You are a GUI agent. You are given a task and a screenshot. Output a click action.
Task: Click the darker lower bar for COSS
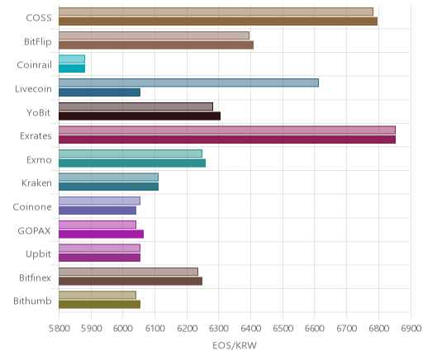[x=218, y=21]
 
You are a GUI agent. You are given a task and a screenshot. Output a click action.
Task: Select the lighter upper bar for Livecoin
[x=188, y=83]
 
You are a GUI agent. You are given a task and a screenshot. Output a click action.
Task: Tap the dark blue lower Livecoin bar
[x=99, y=92]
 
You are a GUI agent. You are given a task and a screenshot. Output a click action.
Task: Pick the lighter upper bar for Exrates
[x=227, y=130]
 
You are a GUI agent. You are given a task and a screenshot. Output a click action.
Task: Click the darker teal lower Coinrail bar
[x=72, y=69]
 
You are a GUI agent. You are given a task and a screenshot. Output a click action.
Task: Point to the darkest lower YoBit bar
[x=140, y=116]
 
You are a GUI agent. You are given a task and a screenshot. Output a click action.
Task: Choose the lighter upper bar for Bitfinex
[x=128, y=272]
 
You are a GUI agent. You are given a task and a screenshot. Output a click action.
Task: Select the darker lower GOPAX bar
[x=101, y=234]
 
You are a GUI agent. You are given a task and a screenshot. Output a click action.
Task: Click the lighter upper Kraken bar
[x=108, y=178]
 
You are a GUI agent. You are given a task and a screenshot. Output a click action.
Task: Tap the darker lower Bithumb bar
[x=99, y=305]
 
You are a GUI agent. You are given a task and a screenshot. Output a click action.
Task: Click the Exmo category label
[x=39, y=160]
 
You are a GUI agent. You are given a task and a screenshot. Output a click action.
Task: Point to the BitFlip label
[x=38, y=42]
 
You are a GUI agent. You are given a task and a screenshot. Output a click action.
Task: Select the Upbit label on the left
[x=38, y=254]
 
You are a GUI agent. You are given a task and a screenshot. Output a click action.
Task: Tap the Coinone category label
[x=32, y=207]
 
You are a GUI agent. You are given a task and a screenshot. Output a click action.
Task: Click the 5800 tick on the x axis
[x=59, y=329]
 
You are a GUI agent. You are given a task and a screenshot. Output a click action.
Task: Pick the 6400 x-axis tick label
[x=251, y=329]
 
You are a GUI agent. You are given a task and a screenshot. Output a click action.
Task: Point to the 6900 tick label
[x=411, y=329]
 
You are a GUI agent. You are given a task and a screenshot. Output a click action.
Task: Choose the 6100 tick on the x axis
[x=155, y=329]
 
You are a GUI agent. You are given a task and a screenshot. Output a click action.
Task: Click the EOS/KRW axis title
[x=235, y=345]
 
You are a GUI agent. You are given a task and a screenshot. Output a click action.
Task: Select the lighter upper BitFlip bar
[x=154, y=36]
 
